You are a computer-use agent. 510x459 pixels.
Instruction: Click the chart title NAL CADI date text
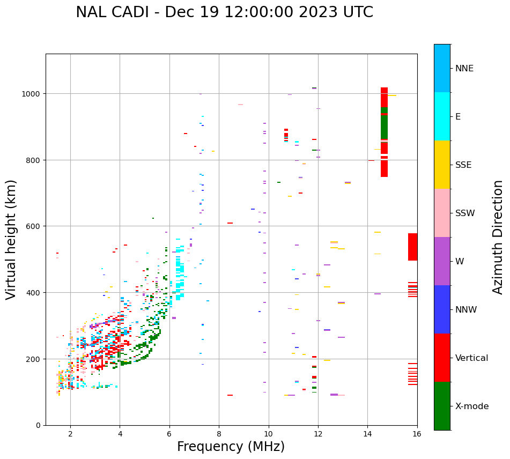click(224, 12)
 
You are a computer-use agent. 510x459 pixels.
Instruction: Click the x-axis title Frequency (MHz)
click(231, 447)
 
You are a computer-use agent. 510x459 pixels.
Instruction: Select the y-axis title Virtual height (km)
click(11, 239)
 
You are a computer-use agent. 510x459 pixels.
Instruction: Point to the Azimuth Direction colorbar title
click(498, 236)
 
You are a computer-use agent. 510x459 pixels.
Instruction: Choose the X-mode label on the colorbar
click(472, 406)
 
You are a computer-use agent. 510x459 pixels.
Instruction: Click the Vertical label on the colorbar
click(471, 358)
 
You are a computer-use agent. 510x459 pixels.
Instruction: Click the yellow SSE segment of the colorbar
click(442, 165)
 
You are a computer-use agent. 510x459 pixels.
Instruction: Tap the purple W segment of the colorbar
click(442, 261)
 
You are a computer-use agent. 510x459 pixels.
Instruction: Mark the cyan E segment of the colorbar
click(442, 116)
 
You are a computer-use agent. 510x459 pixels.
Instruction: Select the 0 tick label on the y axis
click(38, 425)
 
